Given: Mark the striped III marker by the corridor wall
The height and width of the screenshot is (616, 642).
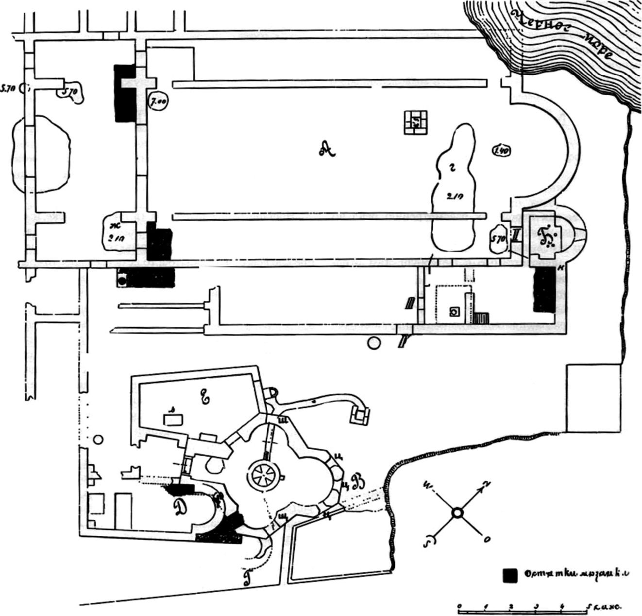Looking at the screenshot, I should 410,303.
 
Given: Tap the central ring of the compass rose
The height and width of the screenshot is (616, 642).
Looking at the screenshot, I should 456,513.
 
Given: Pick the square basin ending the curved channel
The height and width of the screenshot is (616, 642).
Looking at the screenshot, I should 360,415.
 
